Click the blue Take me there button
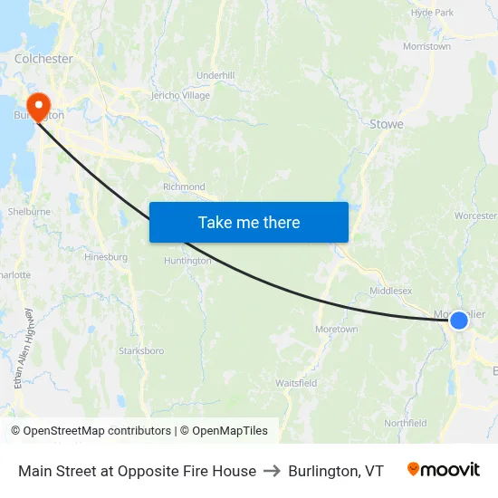point(249,222)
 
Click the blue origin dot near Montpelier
point(459,320)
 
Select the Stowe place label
point(387,124)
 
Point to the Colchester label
point(43,59)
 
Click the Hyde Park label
point(432,13)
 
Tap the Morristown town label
point(426,46)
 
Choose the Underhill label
point(215,75)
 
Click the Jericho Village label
point(180,95)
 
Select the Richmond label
point(184,187)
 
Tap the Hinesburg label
point(106,257)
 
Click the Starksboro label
point(141,350)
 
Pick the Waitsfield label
point(296,383)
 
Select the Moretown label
point(336,330)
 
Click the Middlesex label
point(391,292)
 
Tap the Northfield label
point(405,423)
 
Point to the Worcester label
point(476,216)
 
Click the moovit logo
point(444,470)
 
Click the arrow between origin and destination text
point(273,471)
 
